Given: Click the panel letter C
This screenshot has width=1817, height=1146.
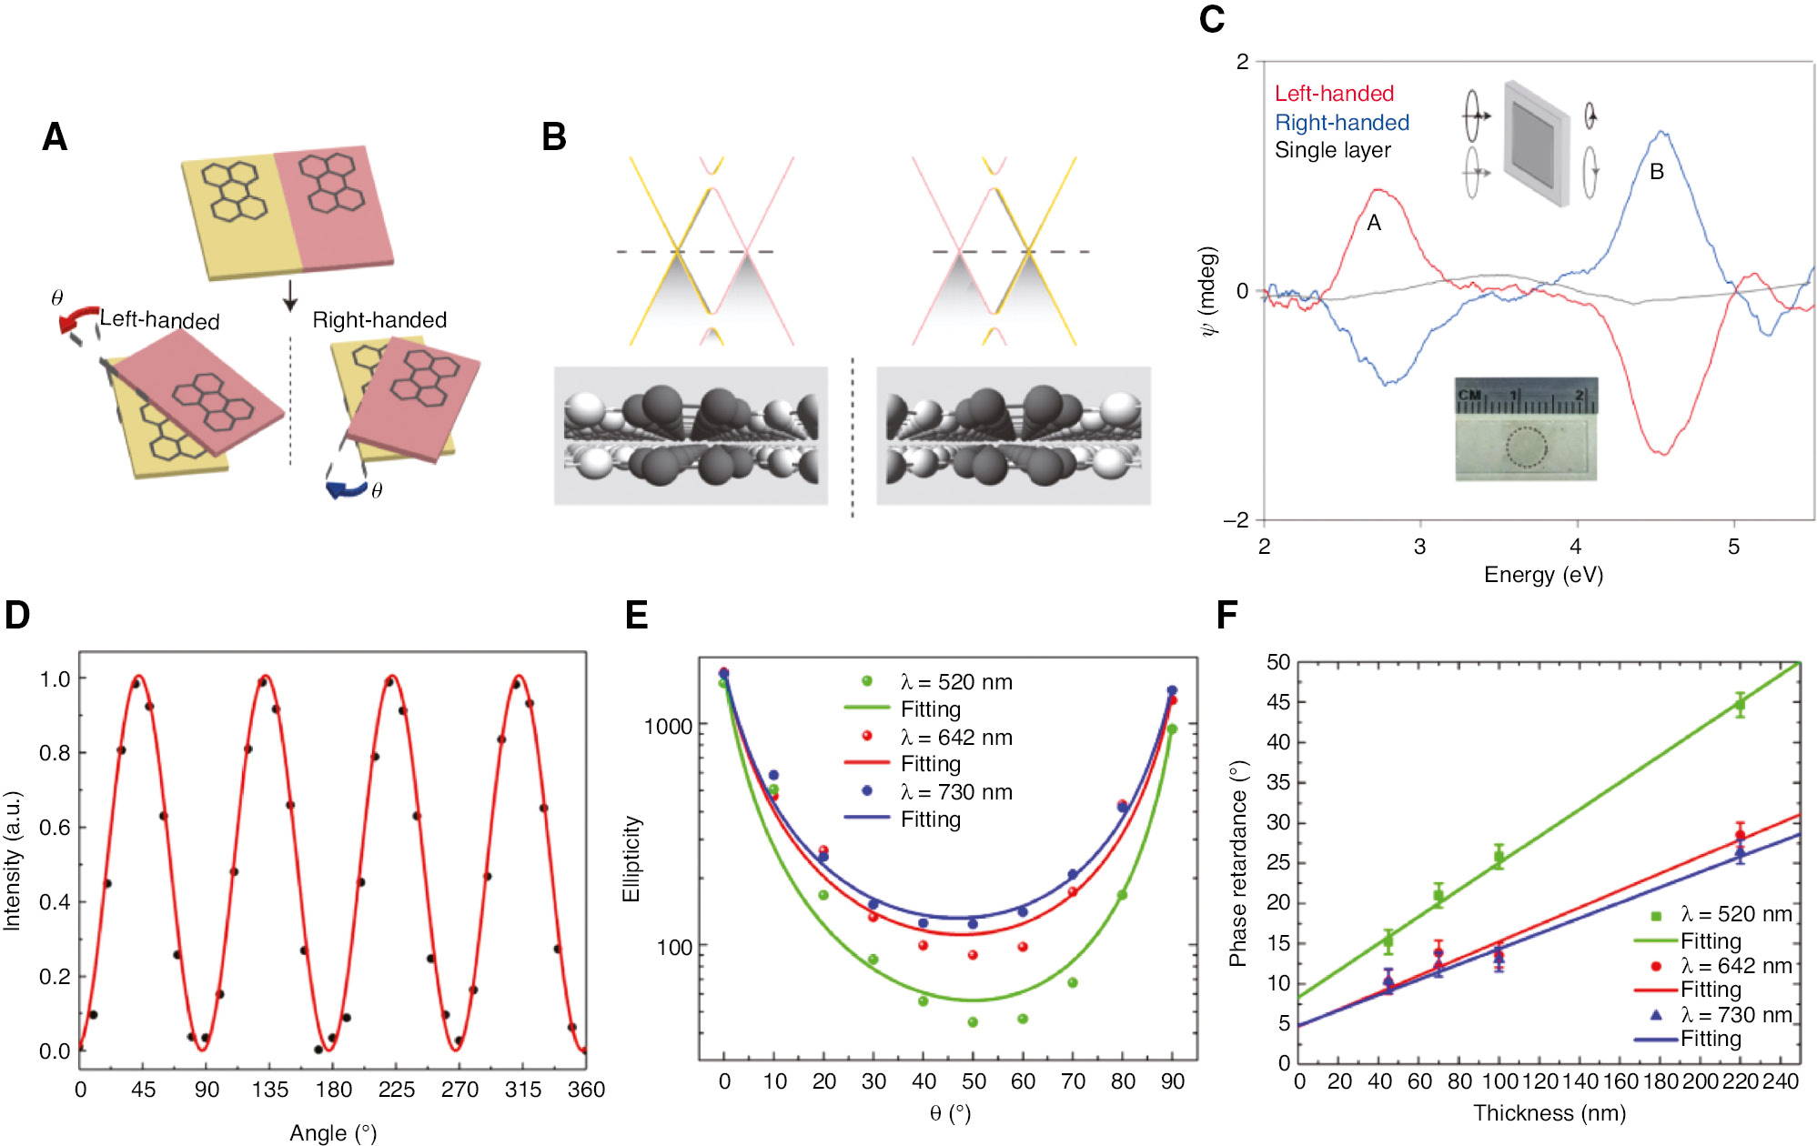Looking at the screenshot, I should point(1211,20).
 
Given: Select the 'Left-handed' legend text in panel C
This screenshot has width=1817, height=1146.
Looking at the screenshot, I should point(1333,94).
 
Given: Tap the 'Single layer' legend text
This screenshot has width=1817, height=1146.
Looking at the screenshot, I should point(1332,150).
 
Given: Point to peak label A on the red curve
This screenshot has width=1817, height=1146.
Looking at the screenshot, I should point(1374,223).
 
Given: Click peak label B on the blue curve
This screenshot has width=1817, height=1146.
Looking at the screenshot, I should point(1657,172).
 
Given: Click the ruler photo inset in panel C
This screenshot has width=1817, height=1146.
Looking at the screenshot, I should point(1526,429).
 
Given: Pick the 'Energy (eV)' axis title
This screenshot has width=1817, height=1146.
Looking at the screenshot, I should point(1543,575).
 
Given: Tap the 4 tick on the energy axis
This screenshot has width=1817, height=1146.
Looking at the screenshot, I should point(1576,547).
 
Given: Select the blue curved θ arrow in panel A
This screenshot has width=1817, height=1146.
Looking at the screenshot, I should point(346,490).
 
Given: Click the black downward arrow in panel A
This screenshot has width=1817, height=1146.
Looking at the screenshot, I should point(290,296).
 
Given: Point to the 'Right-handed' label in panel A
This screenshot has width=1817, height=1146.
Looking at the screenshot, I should point(379,320).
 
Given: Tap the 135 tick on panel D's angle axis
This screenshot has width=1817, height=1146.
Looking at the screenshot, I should point(270,1090).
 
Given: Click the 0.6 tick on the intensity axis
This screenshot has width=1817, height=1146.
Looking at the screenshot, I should point(55,828).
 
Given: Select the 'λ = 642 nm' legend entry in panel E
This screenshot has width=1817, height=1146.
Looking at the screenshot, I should point(955,738).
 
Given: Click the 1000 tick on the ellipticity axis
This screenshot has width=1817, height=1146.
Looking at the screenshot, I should point(669,727).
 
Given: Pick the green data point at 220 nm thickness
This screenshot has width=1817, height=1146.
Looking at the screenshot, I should point(1740,705).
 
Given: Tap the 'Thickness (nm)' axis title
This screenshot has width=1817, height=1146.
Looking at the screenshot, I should point(1549,1113).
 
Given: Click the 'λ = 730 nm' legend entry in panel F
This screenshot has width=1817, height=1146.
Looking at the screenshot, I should point(1735,1015).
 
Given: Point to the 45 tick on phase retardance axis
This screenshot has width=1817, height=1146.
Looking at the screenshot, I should point(1277,702).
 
